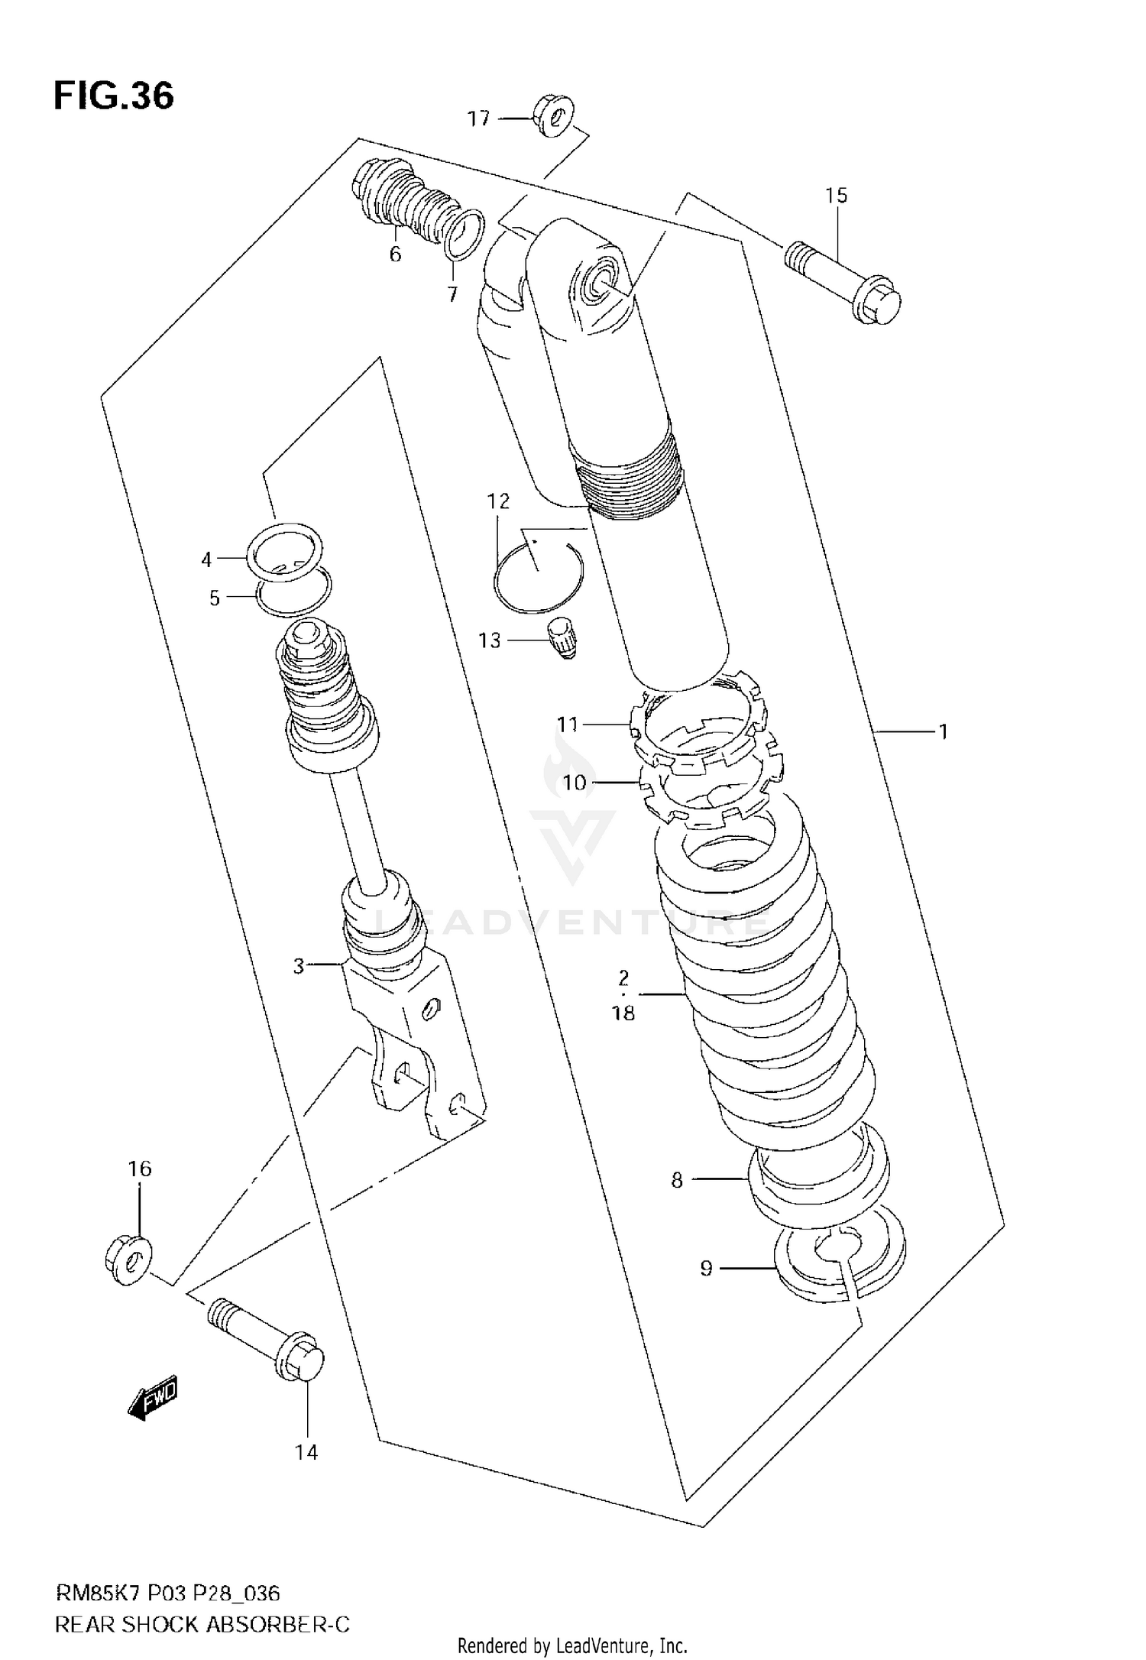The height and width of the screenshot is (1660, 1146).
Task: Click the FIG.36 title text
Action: [x=113, y=97]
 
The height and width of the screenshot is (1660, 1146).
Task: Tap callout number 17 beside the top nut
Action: [x=478, y=118]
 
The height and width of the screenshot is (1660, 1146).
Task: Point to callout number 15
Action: [x=837, y=196]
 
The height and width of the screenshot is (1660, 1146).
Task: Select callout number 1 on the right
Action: [x=944, y=732]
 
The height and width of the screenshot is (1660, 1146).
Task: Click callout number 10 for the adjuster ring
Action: [x=574, y=783]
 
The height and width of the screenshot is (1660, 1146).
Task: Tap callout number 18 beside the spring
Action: [x=623, y=1013]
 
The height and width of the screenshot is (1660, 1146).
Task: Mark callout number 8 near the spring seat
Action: [x=676, y=1180]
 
